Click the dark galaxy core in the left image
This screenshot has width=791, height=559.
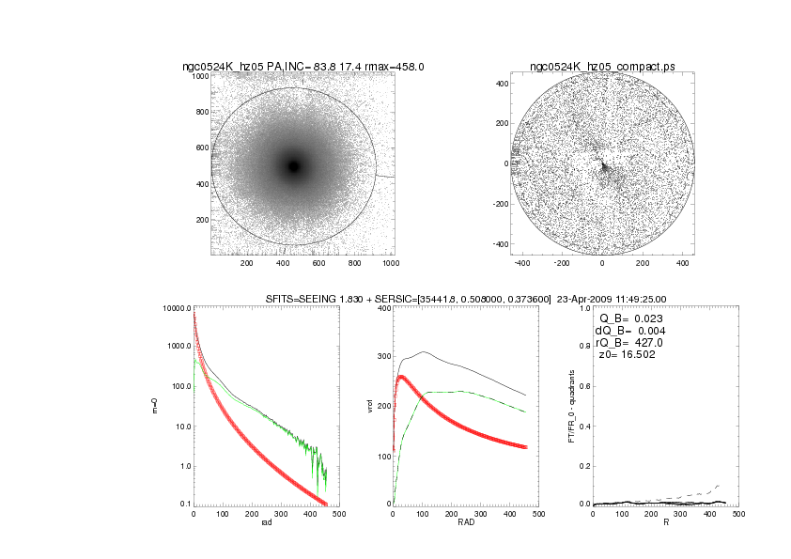[294, 166]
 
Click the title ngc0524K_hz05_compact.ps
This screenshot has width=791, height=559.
[601, 67]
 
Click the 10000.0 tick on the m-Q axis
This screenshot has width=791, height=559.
[177, 309]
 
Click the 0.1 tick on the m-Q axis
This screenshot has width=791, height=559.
[182, 505]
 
